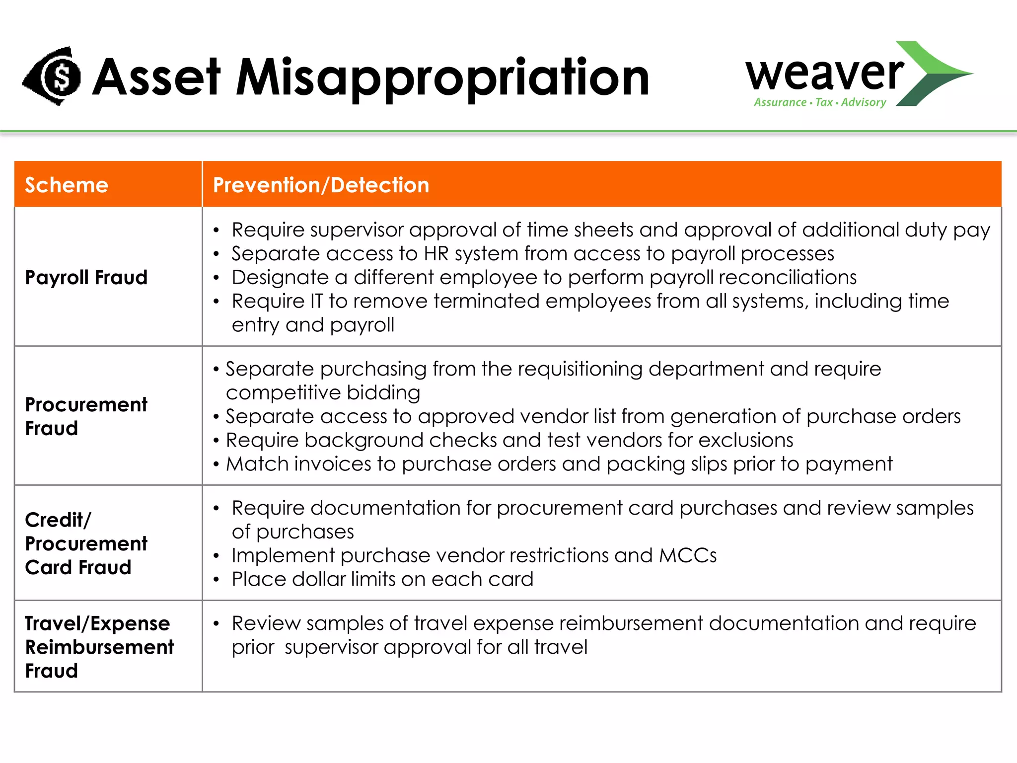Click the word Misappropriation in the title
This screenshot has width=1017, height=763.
(442, 77)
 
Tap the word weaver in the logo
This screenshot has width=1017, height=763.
(824, 74)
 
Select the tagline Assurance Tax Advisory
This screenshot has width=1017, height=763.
(820, 102)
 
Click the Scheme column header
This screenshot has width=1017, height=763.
(67, 185)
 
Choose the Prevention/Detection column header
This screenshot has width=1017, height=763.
(321, 185)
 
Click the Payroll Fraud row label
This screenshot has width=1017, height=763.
(86, 277)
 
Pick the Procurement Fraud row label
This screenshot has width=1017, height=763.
(86, 416)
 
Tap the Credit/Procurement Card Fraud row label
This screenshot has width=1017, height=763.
(86, 543)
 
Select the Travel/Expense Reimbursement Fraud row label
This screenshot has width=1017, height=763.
(99, 647)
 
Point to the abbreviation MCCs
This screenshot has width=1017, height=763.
(688, 555)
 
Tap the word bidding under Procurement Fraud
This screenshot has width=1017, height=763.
(383, 392)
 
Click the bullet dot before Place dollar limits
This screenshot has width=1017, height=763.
(216, 580)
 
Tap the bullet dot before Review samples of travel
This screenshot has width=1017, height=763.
(216, 624)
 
